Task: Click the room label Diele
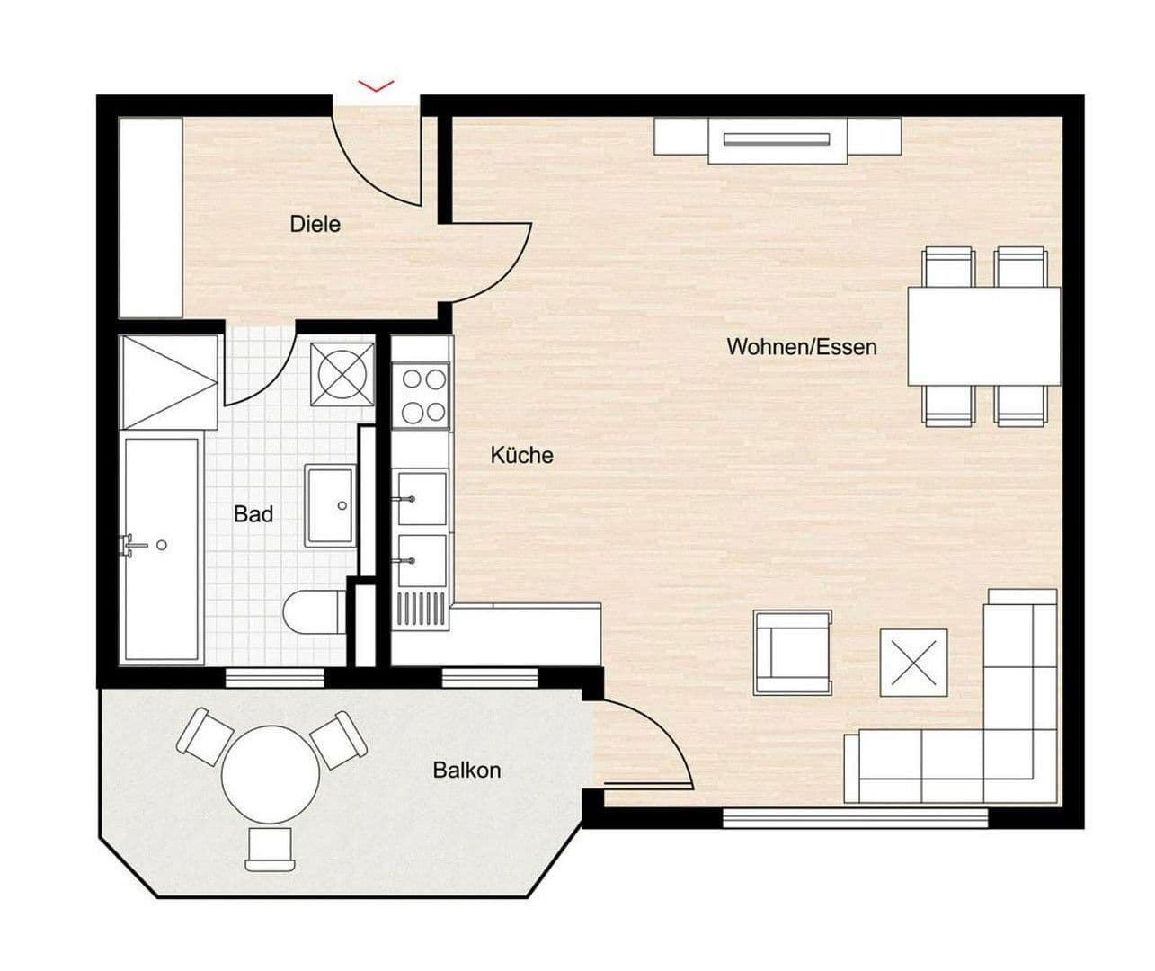tap(315, 224)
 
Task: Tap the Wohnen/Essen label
tap(801, 347)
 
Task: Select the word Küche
tap(521, 456)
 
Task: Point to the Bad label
tap(253, 514)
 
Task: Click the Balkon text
tap(466, 771)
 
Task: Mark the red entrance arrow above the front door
tap(376, 85)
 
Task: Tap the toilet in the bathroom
tap(313, 614)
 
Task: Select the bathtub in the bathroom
tap(162, 548)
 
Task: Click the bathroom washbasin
tap(330, 505)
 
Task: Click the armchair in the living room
tap(792, 653)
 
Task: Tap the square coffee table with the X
tap(913, 663)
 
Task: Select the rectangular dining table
tap(983, 336)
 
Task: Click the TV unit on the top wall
tap(777, 140)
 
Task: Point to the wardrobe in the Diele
tap(151, 217)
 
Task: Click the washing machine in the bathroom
tap(342, 372)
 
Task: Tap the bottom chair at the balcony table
tap(271, 849)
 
